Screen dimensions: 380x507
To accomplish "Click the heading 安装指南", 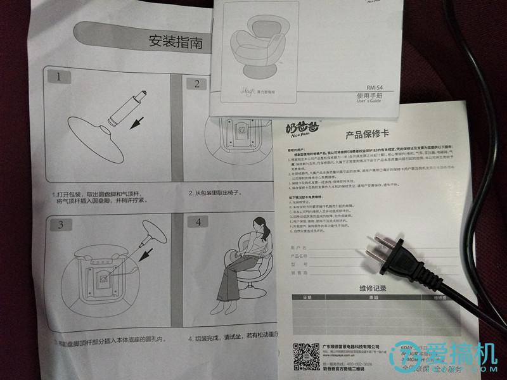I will click(x=176, y=43).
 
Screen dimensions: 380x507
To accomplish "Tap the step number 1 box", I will click(x=59, y=79).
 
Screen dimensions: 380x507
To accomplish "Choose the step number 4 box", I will click(x=198, y=222).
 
